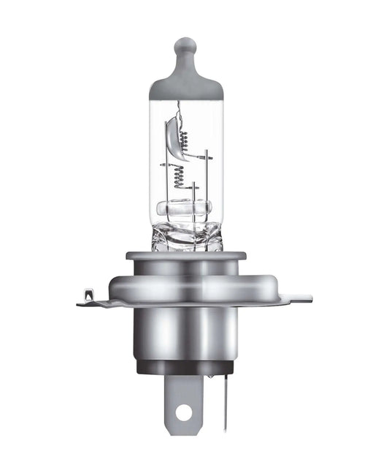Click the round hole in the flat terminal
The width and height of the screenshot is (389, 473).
[x=184, y=412]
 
